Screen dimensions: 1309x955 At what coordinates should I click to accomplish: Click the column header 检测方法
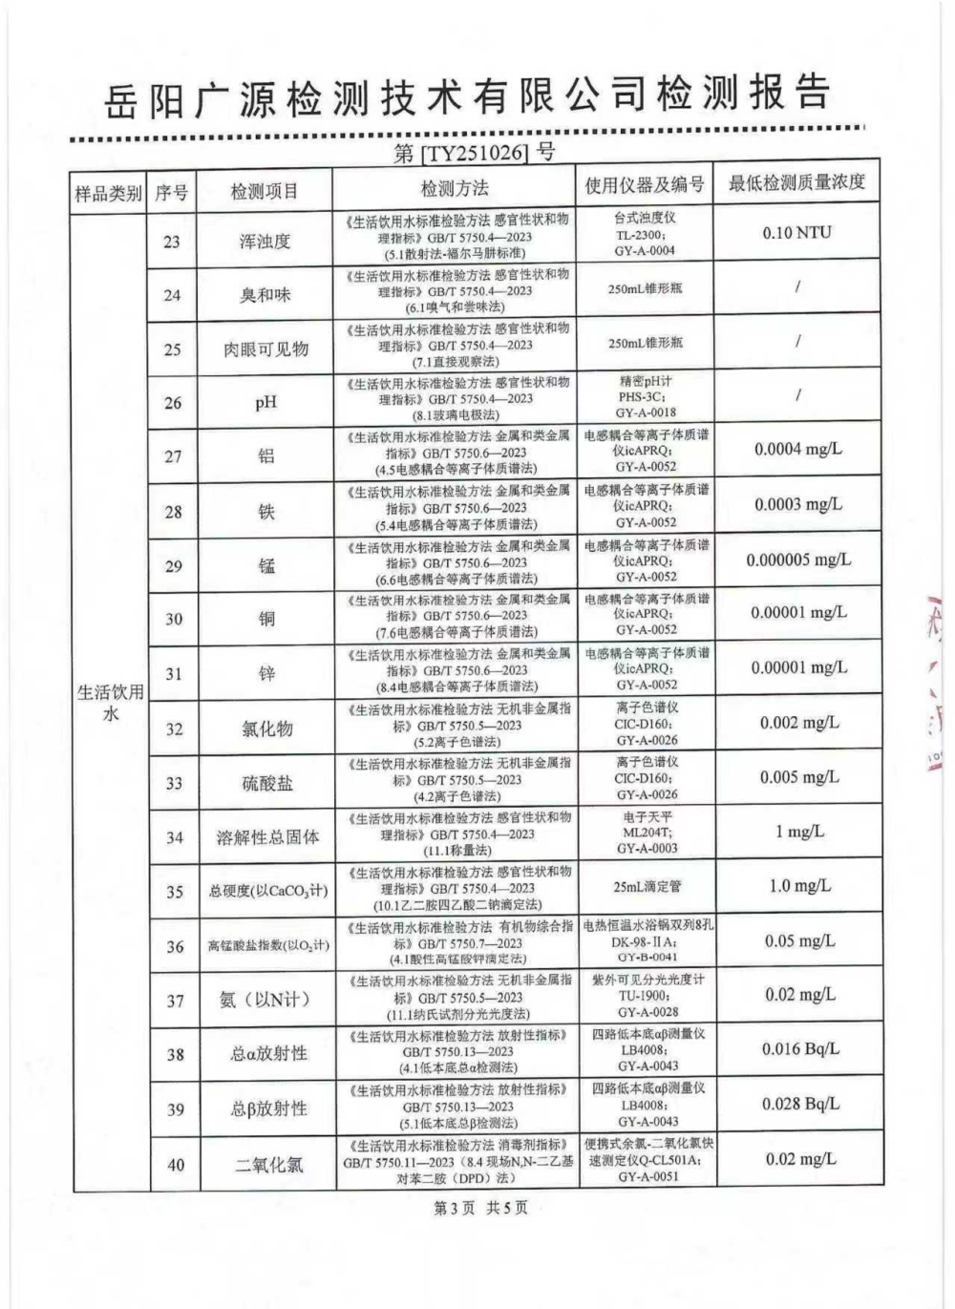pyautogui.click(x=454, y=188)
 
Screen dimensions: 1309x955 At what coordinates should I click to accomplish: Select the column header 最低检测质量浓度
pyautogui.click(x=796, y=183)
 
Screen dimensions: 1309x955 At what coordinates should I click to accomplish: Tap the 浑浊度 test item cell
pyautogui.click(x=265, y=242)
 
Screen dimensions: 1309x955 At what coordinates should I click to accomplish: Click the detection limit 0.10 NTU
pyautogui.click(x=796, y=232)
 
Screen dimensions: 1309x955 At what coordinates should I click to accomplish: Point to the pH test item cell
pyautogui.click(x=265, y=402)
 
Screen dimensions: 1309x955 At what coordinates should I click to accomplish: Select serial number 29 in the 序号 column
pyautogui.click(x=173, y=566)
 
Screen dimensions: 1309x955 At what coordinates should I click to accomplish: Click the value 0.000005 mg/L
pyautogui.click(x=797, y=559)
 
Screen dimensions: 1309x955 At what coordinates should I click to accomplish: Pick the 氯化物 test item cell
pyautogui.click(x=266, y=728)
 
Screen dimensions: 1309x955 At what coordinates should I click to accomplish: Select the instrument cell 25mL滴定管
pyautogui.click(x=647, y=886)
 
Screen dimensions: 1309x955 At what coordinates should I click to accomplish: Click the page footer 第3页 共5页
pyautogui.click(x=480, y=1208)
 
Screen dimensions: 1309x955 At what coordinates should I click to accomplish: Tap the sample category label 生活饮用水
pyautogui.click(x=110, y=703)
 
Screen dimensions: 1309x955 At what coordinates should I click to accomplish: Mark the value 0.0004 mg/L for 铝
pyautogui.click(x=797, y=449)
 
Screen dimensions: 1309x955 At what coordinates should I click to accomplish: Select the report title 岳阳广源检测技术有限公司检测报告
pyautogui.click(x=467, y=96)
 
